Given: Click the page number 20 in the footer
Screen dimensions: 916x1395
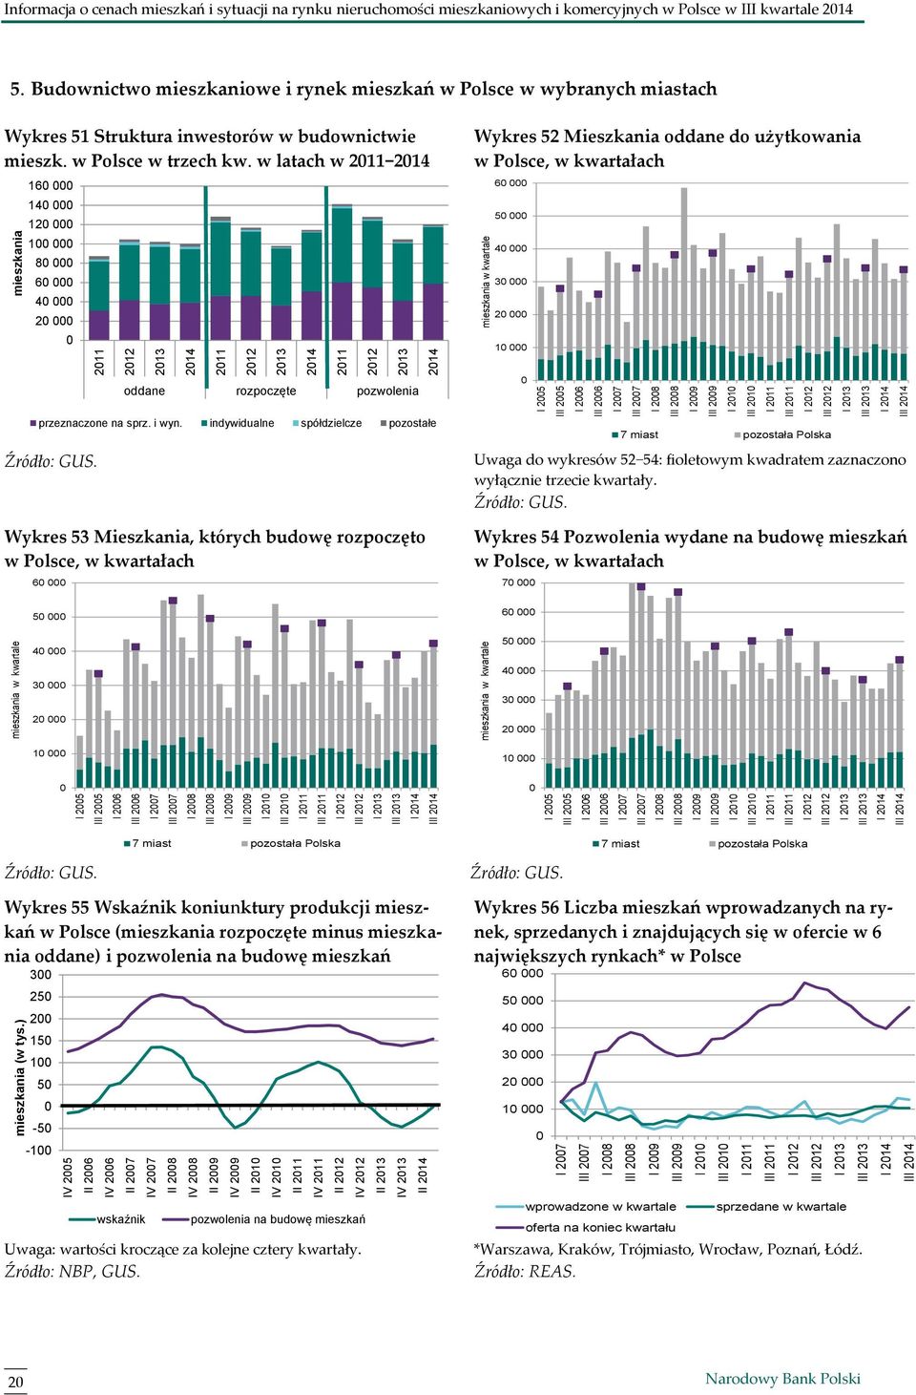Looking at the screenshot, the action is tap(15, 1381).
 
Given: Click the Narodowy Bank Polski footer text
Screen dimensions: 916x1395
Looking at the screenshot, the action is tap(782, 1378).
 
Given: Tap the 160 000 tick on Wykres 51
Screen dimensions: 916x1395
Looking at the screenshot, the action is tap(51, 185).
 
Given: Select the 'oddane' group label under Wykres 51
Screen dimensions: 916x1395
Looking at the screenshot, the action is tap(144, 391).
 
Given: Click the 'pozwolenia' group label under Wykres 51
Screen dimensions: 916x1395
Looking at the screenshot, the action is tap(387, 391).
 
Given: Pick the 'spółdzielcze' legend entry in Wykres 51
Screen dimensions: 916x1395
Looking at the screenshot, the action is tap(327, 423).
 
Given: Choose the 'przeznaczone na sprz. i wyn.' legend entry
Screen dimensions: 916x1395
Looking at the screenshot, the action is tap(106, 423).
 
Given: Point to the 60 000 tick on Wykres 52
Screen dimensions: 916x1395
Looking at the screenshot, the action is tap(510, 183).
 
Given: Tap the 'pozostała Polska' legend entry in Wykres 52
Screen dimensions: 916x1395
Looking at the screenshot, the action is tap(782, 434).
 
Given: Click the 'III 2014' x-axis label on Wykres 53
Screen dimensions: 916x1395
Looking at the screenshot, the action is tap(433, 808).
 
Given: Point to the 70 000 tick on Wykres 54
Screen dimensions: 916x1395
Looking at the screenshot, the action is tap(518, 582).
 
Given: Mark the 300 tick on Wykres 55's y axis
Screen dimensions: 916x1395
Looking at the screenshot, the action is tap(41, 975).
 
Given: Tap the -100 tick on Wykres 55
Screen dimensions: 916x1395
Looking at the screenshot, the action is tap(38, 1151).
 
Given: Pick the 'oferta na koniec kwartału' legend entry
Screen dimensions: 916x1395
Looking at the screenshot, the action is tap(585, 1227).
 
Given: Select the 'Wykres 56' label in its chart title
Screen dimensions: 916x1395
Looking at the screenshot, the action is tap(516, 907).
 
